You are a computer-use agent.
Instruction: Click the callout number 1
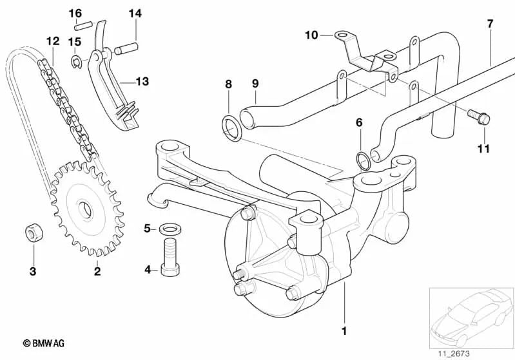tap(344, 331)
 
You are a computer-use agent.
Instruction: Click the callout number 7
tap(490, 24)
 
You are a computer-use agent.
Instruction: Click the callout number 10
tap(311, 35)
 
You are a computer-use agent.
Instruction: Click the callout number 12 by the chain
tap(52, 41)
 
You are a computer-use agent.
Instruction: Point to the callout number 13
tap(142, 81)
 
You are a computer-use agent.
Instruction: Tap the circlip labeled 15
tap(77, 62)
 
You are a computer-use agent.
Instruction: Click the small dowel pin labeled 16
tap(80, 26)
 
